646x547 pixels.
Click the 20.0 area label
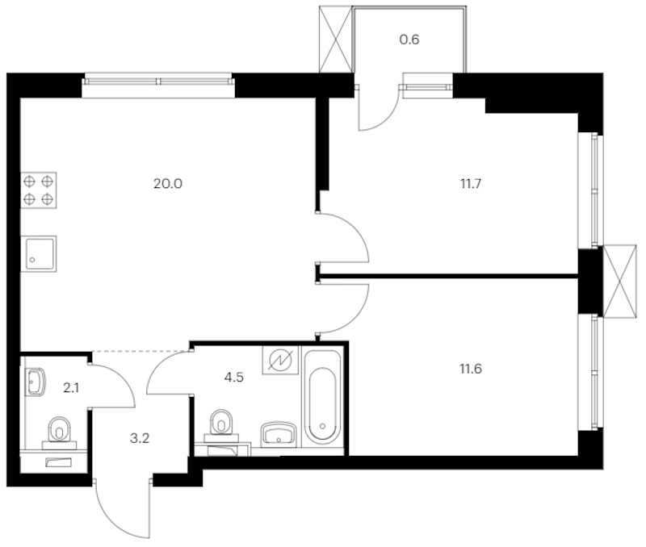[x=168, y=183]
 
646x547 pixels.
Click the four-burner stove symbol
[x=38, y=190]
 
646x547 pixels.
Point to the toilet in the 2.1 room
[x=59, y=430]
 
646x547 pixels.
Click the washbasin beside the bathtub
[x=280, y=433]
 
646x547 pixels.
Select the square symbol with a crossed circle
[x=280, y=361]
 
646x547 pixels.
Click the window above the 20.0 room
[x=158, y=81]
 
